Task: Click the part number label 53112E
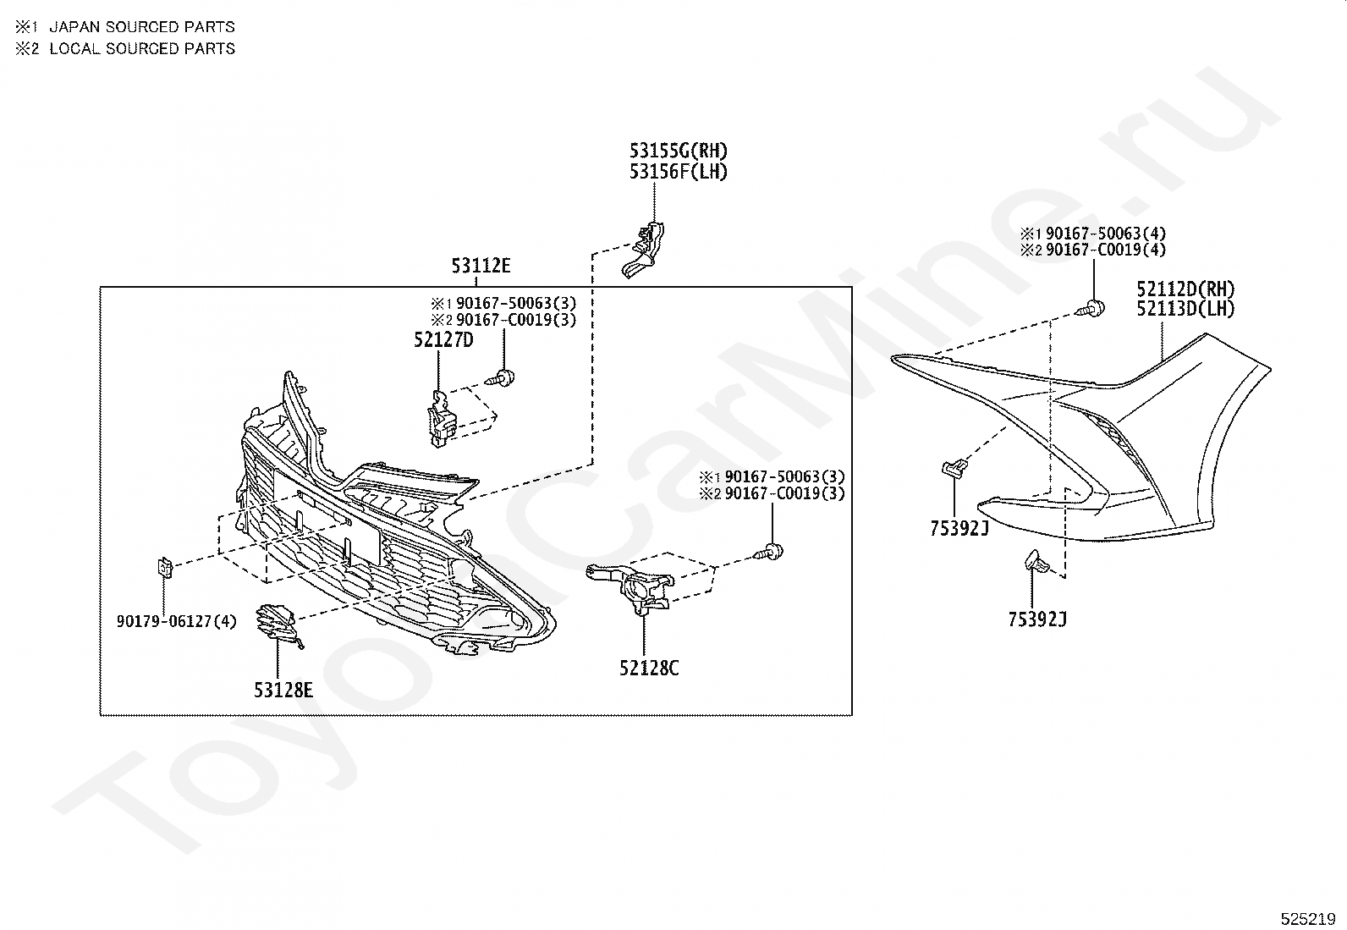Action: [x=481, y=265]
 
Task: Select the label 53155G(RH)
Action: [x=679, y=151]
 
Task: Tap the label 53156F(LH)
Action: [x=679, y=172]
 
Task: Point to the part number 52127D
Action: [x=443, y=340]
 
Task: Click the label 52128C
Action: [x=649, y=668]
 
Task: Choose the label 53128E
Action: [x=283, y=690]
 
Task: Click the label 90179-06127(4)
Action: [x=176, y=621]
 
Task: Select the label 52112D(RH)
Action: [x=1185, y=289]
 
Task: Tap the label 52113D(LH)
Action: [x=1185, y=309]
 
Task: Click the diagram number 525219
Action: [x=1308, y=919]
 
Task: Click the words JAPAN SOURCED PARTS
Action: [x=142, y=27]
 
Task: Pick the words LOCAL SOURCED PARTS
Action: [x=142, y=49]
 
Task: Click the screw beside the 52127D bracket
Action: [x=500, y=379]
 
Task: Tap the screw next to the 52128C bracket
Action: [x=768, y=553]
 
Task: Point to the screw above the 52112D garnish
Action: [x=1090, y=309]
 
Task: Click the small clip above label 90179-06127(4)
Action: [x=164, y=567]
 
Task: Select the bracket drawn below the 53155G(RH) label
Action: [x=643, y=250]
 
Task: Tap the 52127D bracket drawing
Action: [x=442, y=419]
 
